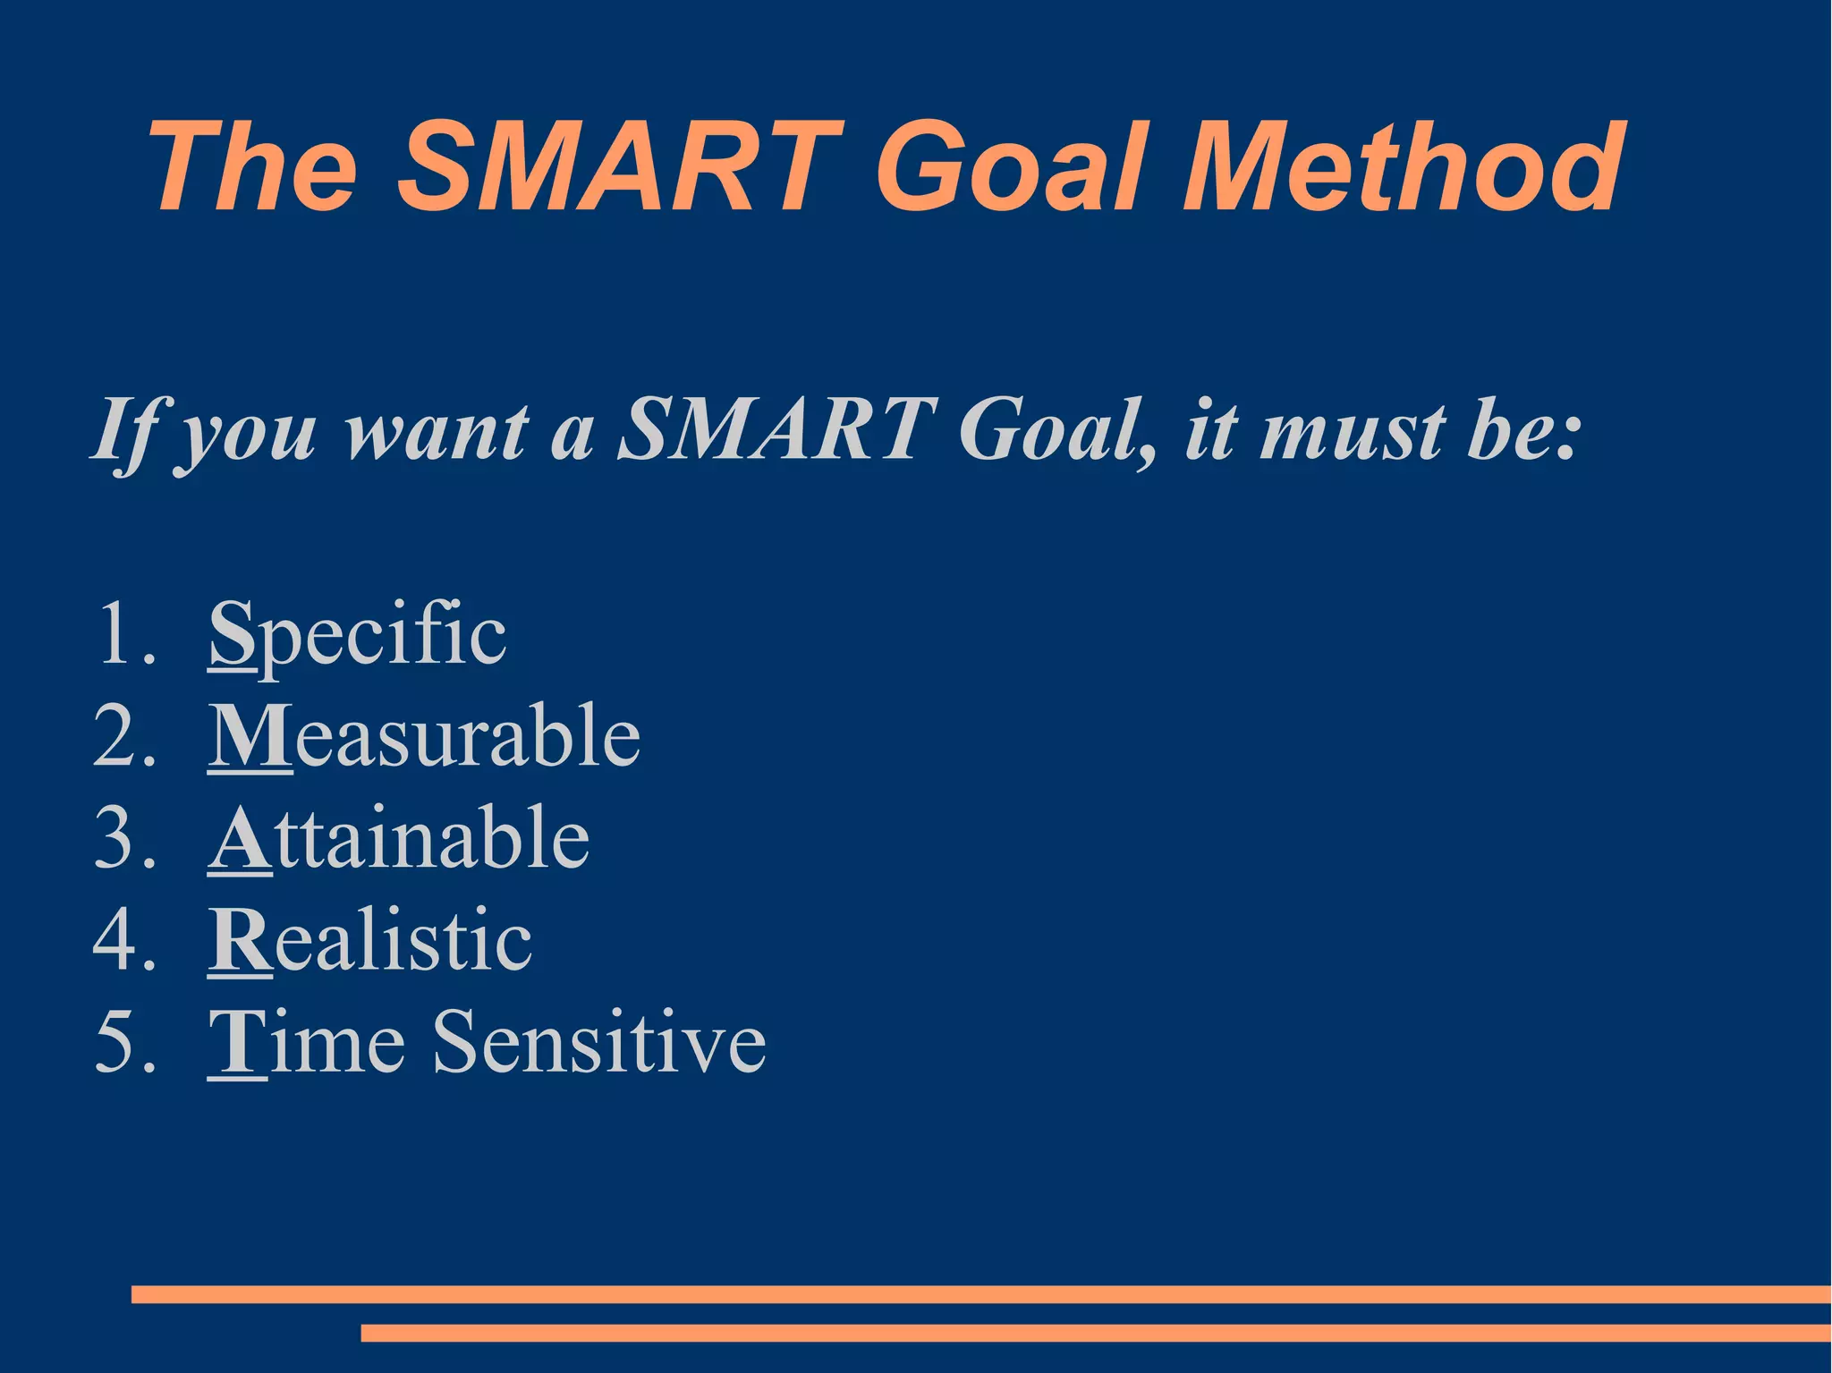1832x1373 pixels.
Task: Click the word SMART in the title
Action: click(x=619, y=168)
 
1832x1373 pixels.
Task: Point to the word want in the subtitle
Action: click(x=437, y=431)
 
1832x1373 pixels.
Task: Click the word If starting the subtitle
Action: click(x=125, y=431)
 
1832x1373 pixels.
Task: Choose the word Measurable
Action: click(x=425, y=735)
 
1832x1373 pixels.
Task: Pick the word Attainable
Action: click(x=400, y=838)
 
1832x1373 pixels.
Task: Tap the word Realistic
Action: click(x=371, y=940)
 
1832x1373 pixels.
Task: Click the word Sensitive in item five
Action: click(x=599, y=1042)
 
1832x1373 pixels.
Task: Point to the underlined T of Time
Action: click(x=237, y=1043)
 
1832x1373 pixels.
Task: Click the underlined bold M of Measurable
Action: click(x=250, y=735)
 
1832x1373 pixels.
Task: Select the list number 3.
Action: click(x=115, y=838)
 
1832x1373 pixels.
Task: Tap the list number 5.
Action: click(x=115, y=1043)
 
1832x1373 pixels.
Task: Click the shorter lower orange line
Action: click(x=1095, y=1333)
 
